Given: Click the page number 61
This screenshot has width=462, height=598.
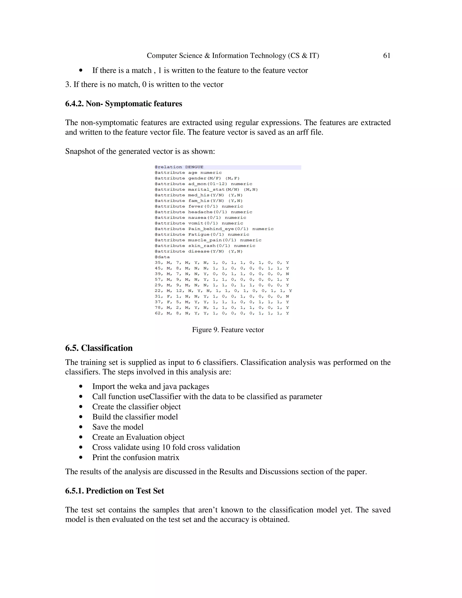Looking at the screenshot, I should pyautogui.click(x=386, y=56).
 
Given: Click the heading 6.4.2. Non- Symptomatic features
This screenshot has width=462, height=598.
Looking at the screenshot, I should pyautogui.click(x=123, y=104).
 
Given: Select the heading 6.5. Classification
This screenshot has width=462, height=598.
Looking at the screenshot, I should pyautogui.click(x=99, y=348).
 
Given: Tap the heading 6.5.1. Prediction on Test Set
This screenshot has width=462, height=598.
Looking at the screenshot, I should pyautogui.click(x=114, y=491).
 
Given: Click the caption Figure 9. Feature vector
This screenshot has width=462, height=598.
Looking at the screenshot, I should pyautogui.click(x=228, y=330).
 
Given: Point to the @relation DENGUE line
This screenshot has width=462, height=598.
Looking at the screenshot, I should pyautogui.click(x=179, y=167).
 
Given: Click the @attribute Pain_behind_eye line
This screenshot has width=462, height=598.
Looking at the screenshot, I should pyautogui.click(x=214, y=229).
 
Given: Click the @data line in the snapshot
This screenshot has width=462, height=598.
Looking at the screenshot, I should pyautogui.click(x=162, y=257).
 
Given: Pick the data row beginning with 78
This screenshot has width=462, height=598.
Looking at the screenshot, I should pyautogui.click(x=222, y=308).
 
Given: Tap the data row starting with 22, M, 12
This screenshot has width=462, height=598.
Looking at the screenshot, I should pyautogui.click(x=223, y=291).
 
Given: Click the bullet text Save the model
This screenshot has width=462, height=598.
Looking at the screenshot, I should pyautogui.click(x=118, y=427).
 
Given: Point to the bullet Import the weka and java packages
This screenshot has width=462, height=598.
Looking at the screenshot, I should pyautogui.click(x=150, y=386).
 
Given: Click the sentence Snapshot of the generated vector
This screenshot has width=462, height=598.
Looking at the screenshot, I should pyautogui.click(x=140, y=151).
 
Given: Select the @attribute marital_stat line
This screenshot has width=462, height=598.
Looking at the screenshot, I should pyautogui.click(x=206, y=190).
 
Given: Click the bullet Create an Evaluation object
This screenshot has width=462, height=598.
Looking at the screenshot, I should pyautogui.click(x=138, y=437).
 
